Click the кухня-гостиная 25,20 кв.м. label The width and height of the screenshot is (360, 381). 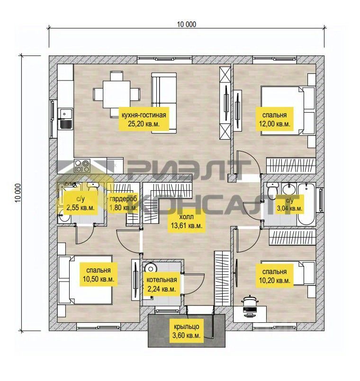coord(144,119)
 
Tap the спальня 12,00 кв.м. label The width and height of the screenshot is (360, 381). coord(274,119)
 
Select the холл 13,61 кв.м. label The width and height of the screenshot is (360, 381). coord(186,221)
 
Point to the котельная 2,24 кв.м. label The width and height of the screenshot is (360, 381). coord(162,284)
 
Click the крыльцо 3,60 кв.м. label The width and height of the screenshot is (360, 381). coord(186,331)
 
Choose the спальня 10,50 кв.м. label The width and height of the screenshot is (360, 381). coord(98,275)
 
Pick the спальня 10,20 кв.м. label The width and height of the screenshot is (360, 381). coord(274,276)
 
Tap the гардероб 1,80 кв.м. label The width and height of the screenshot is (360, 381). coord(123,203)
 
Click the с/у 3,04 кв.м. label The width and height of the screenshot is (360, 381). coord(289,204)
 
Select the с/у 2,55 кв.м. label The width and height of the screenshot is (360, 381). coord(81,203)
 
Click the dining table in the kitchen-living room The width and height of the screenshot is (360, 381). coord(116,94)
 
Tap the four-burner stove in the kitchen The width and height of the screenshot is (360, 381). coord(82,166)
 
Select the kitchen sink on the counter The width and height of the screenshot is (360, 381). coord(65,119)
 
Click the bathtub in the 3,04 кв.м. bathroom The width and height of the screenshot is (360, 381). coord(306,204)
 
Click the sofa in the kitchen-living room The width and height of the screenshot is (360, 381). coord(164,103)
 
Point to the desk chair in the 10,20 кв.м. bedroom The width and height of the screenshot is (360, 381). coord(250,303)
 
